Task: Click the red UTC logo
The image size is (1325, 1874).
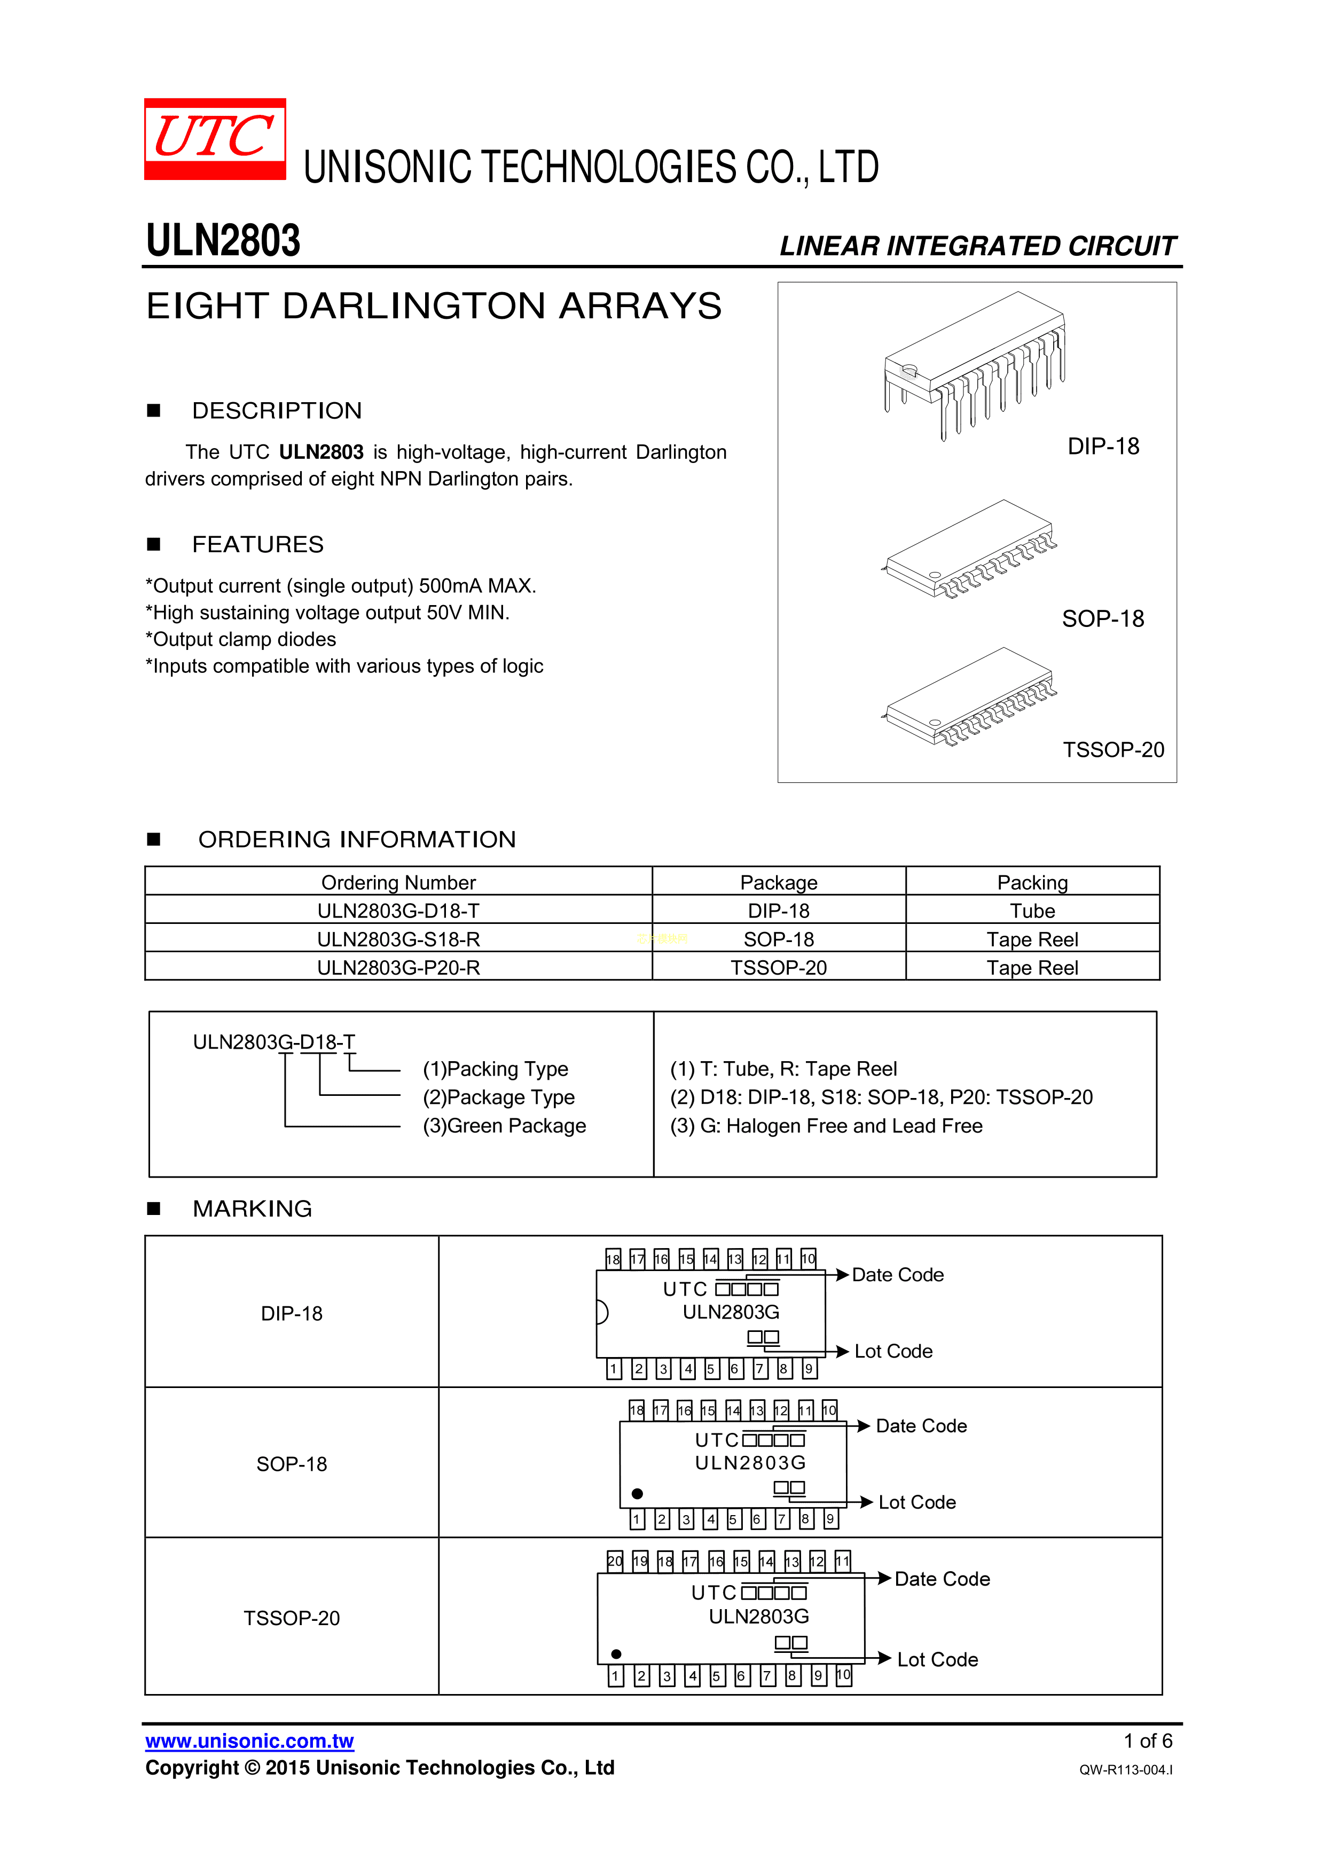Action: pyautogui.click(x=215, y=139)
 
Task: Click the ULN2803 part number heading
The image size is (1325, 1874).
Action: pyautogui.click(x=223, y=241)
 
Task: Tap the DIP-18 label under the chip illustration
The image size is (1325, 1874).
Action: pyautogui.click(x=1103, y=446)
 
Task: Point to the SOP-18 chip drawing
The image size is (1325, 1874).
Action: pyautogui.click(x=969, y=550)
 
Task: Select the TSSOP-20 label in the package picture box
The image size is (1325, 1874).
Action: pyautogui.click(x=1114, y=750)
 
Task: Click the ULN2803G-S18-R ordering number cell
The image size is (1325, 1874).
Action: pyautogui.click(x=398, y=939)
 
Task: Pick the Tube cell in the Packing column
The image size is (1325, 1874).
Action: pyautogui.click(x=1033, y=911)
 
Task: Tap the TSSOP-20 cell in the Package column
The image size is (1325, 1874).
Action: pyautogui.click(x=779, y=968)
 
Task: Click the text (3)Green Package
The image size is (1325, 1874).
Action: pyautogui.click(x=505, y=1126)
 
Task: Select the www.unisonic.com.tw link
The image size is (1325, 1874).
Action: pyautogui.click(x=250, y=1742)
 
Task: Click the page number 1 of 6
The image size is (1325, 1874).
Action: pyautogui.click(x=1148, y=1741)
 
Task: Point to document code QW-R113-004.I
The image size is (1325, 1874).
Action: pyautogui.click(x=1126, y=1769)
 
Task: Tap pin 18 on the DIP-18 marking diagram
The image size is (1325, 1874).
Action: pyautogui.click(x=613, y=1259)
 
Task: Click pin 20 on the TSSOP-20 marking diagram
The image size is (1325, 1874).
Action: pyautogui.click(x=615, y=1562)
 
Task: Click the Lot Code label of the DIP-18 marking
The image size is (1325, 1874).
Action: pyautogui.click(x=893, y=1352)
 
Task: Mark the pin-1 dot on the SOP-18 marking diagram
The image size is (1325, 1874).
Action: pyautogui.click(x=638, y=1494)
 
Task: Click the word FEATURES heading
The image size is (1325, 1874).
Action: pyautogui.click(x=258, y=544)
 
